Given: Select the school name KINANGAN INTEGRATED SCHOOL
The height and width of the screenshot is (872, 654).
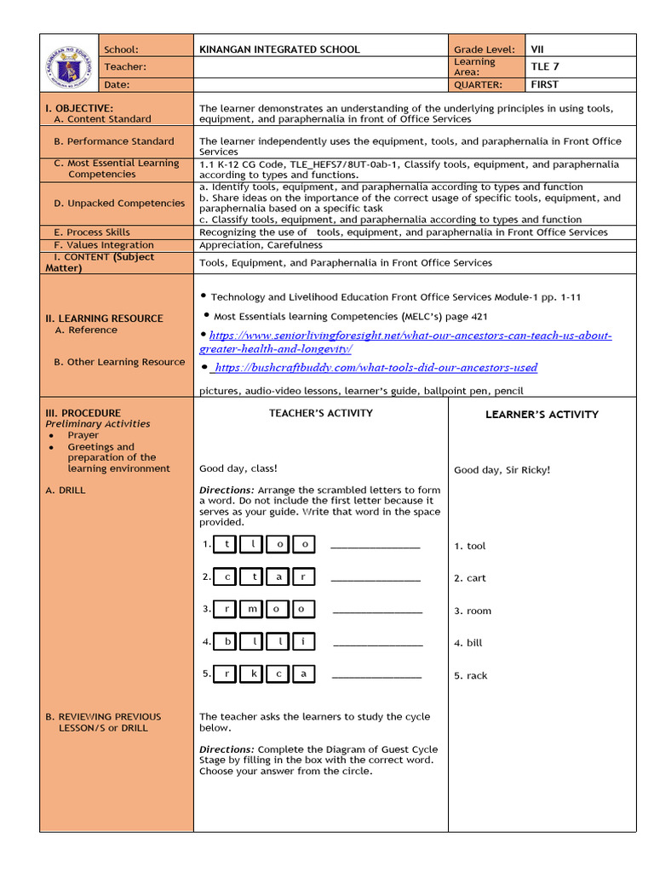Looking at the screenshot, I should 279,49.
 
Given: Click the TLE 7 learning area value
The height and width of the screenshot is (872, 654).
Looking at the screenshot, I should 545,66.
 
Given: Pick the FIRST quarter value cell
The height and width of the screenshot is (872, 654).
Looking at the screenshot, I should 545,84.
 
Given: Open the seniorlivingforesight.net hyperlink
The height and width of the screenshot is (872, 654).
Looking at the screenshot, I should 405,342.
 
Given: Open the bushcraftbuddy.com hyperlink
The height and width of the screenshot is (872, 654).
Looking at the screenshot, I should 375,368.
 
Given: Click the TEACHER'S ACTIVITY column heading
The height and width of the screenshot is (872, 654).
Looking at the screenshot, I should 320,413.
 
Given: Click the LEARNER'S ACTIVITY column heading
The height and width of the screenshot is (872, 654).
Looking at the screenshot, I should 542,415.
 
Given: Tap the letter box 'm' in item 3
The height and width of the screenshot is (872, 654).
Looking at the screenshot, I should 253,609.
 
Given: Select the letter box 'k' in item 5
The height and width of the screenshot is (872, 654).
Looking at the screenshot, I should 253,674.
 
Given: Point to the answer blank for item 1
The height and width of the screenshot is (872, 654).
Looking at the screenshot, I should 375,545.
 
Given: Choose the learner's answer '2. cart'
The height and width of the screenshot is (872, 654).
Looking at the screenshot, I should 470,578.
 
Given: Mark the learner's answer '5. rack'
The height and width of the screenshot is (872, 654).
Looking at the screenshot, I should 471,675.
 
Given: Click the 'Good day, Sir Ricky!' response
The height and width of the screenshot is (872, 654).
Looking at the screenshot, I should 502,470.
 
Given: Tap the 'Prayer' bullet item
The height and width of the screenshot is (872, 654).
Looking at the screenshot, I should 83,435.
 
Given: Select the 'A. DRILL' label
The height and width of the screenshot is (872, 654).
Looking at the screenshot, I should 66,490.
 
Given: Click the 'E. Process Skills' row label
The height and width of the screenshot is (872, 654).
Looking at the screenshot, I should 92,232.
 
